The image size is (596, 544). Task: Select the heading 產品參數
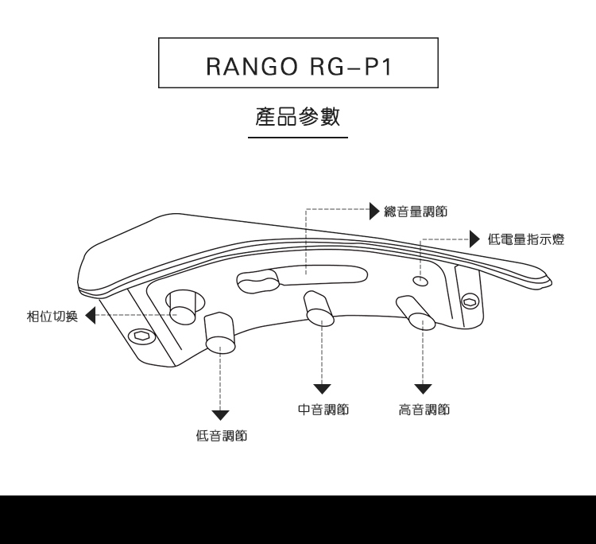click(x=298, y=117)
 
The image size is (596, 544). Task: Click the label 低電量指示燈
click(x=526, y=239)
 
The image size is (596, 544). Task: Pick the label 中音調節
click(x=323, y=410)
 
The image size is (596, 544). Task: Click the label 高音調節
click(x=424, y=410)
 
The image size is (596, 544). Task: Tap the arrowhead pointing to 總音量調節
click(x=374, y=211)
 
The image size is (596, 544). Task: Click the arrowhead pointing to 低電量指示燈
click(x=474, y=238)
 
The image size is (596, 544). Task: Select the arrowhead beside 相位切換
click(x=89, y=316)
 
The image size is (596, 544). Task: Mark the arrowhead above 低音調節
click(x=220, y=414)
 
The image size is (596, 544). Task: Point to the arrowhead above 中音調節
click(x=322, y=389)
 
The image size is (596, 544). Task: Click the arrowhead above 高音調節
click(x=423, y=389)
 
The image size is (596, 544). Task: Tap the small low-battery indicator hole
click(x=421, y=281)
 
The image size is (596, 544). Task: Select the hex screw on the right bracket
click(x=470, y=301)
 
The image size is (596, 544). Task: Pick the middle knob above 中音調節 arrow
click(x=317, y=310)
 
